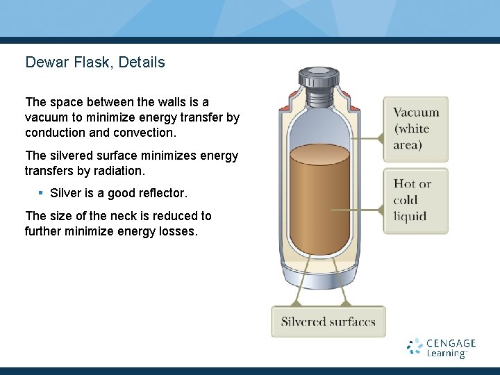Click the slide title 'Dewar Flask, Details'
click(95, 62)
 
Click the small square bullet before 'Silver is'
click(41, 192)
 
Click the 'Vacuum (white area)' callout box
click(416, 129)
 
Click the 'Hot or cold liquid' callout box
click(416, 200)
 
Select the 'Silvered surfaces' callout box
click(328, 322)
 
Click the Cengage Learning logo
click(442, 348)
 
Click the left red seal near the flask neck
click(285, 108)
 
